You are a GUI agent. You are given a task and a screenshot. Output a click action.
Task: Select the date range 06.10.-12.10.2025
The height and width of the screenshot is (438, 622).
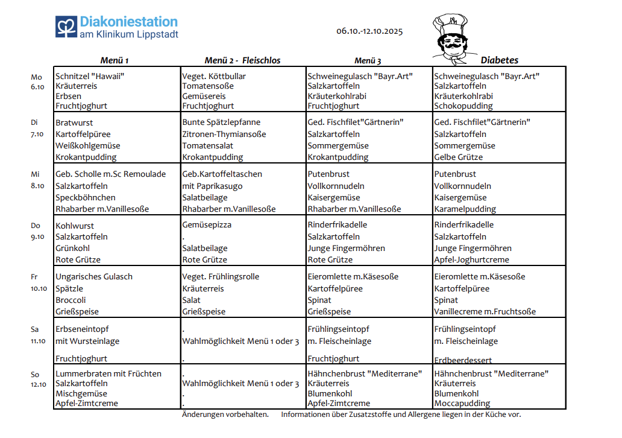coord(369,31)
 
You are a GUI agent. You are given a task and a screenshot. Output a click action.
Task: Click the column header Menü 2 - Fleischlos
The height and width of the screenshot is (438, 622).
coord(242,60)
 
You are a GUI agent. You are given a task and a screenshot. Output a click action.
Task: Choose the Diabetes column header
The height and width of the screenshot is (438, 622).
coord(499,60)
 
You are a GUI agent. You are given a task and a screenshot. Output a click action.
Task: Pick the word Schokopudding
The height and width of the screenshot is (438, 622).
coord(463,106)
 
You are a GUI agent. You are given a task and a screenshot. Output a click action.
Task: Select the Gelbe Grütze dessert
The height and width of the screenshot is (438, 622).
coord(459,157)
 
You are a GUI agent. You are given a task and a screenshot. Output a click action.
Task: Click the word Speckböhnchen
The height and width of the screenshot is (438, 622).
coord(85,197)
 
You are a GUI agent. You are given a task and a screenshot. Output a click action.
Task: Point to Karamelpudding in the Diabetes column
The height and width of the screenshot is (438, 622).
coord(465,209)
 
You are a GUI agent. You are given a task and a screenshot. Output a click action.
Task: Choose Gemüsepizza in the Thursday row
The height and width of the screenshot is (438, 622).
coord(207,224)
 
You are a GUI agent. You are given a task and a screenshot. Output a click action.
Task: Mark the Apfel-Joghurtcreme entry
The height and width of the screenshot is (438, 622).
coord(471,259)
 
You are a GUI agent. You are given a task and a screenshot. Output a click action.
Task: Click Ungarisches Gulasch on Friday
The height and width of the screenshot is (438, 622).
coord(94,276)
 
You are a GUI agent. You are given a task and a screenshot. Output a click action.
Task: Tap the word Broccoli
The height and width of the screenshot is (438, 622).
coord(71,300)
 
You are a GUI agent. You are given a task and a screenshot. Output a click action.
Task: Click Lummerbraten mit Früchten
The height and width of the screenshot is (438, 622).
coord(108,373)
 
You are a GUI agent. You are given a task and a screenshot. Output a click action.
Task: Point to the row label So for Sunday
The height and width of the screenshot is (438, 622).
coord(35,374)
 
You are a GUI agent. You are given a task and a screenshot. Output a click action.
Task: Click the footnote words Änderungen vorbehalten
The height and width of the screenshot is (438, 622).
coord(225,414)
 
